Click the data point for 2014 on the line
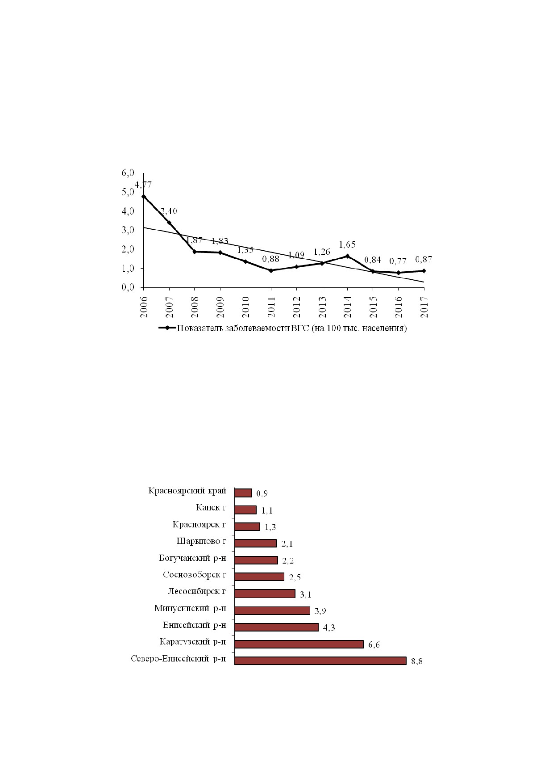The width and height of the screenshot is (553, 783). [x=347, y=256]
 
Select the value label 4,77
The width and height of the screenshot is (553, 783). [x=143, y=185]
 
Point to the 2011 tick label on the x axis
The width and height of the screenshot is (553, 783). [x=271, y=307]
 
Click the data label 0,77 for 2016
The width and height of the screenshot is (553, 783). [x=398, y=261]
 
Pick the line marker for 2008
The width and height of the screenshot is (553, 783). [x=195, y=252]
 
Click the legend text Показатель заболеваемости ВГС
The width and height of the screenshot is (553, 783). [x=243, y=328]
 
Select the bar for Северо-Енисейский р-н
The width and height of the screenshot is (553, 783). [x=320, y=661]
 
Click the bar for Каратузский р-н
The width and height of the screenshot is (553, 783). [x=299, y=644]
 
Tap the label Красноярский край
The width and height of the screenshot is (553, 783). [x=187, y=491]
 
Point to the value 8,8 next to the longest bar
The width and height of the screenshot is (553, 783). [x=416, y=661]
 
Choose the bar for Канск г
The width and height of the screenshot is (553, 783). [x=245, y=510]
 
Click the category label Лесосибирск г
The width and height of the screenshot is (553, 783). [x=197, y=591]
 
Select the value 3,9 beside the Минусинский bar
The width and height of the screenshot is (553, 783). [x=320, y=611]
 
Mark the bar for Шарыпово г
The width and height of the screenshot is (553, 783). [x=255, y=543]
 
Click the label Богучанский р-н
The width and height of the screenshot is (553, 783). [x=193, y=558]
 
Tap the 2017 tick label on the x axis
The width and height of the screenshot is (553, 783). [x=424, y=307]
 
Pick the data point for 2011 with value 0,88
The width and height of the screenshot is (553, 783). [x=271, y=270]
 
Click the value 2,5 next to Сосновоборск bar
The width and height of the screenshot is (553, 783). [x=295, y=577]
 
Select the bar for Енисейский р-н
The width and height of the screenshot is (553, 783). [x=276, y=627]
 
